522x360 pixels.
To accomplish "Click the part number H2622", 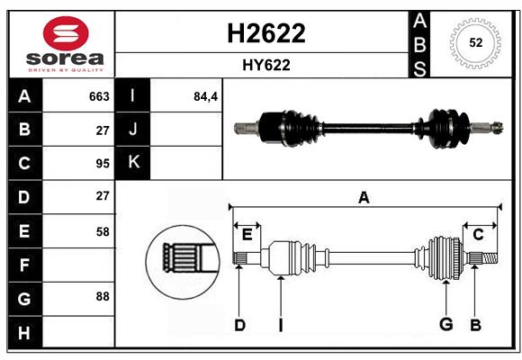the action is [x=266, y=33].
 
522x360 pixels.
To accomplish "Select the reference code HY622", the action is [x=266, y=65].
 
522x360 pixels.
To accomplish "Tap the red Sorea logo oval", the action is [x=66, y=33].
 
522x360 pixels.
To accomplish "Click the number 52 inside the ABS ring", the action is [x=476, y=42].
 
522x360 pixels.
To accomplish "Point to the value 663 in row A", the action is [x=99, y=96].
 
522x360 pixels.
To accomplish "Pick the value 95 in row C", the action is [x=103, y=164].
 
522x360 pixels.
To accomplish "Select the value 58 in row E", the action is [x=103, y=231].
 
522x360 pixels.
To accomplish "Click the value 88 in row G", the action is [x=103, y=296].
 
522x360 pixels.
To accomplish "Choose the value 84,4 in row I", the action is [x=205, y=96].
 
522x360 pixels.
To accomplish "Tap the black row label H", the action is [x=24, y=332].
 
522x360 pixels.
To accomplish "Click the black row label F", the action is [x=24, y=265].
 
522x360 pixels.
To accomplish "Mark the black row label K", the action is [x=133, y=163].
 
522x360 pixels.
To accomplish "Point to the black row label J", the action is [x=133, y=129].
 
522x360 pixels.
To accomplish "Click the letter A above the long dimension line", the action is [x=364, y=197].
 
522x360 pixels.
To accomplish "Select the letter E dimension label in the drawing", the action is [x=247, y=235].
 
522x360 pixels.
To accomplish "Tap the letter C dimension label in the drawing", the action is [x=478, y=235].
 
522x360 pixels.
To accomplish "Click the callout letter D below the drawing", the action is [x=239, y=325].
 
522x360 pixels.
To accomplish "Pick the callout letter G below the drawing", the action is [x=446, y=324].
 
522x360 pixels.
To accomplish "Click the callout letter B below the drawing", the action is [x=475, y=325].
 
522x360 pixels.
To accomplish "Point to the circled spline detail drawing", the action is [x=183, y=262].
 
